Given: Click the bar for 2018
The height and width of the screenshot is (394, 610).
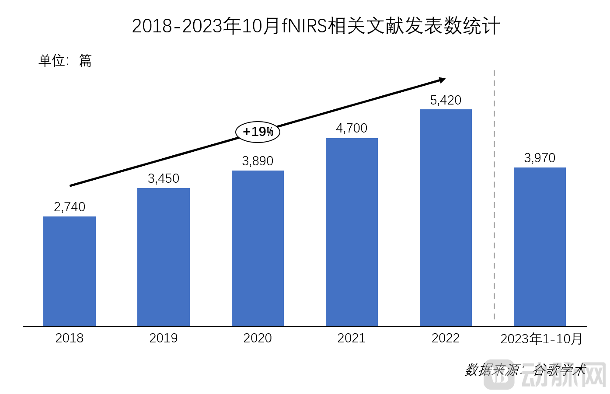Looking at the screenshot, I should tap(70, 271).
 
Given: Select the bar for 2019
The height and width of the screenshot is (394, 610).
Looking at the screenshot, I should tap(164, 257).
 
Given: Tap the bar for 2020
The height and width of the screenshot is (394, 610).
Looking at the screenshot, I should tap(258, 248).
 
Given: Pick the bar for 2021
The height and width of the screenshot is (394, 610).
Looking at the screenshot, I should tap(352, 232).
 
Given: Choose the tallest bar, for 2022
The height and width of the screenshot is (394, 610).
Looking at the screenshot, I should tap(446, 218).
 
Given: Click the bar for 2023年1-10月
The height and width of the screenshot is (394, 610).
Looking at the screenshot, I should tap(540, 247).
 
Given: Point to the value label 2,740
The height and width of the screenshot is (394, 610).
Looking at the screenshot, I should tap(70, 207).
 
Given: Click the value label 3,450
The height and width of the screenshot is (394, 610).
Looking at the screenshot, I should tap(164, 178).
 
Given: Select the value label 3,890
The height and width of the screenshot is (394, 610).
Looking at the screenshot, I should tap(258, 161).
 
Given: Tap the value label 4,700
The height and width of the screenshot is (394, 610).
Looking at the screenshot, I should tap(352, 128).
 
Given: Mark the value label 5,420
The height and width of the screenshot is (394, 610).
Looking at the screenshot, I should tap(446, 100).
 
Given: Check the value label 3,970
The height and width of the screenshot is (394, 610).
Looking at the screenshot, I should tap(540, 158).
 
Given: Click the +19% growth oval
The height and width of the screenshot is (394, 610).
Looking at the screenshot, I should tap(258, 131).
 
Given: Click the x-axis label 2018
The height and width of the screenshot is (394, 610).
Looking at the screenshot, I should tap(70, 338).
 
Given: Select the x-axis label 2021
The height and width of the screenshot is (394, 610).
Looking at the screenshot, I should tap(352, 338).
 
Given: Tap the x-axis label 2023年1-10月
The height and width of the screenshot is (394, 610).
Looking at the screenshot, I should tap(541, 338).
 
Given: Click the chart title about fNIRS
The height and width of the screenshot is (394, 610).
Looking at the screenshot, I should tap(316, 26).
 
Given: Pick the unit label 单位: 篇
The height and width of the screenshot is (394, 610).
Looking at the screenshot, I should tap(65, 60).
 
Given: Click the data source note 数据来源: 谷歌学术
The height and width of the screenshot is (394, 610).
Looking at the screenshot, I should tap(525, 370).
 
